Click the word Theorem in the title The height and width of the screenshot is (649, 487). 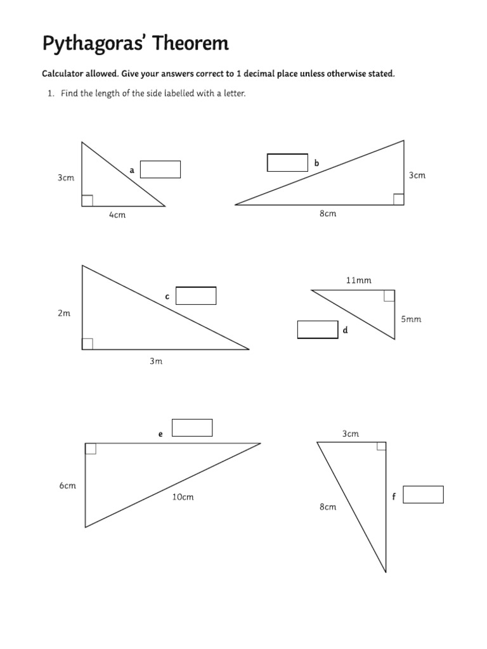[189, 44]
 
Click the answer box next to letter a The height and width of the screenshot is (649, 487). [160, 169]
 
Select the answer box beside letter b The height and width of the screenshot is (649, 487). [287, 162]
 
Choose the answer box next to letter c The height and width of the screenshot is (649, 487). [196, 296]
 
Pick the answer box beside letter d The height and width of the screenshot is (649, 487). [318, 330]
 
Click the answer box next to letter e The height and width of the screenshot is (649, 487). [192, 428]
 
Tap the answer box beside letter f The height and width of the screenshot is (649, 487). [423, 494]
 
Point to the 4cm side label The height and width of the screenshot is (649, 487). [117, 215]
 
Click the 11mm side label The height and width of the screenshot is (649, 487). [358, 280]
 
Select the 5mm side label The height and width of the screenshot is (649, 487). [411, 319]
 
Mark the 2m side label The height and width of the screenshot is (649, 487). [64, 313]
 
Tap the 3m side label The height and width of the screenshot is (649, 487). [156, 361]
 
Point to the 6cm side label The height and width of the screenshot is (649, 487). [68, 485]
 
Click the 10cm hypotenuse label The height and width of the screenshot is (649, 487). [183, 497]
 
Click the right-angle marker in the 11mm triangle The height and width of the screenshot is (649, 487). [389, 295]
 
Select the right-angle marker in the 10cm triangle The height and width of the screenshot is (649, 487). [91, 449]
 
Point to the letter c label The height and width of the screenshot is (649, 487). [167, 296]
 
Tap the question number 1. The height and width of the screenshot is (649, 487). [50, 94]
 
